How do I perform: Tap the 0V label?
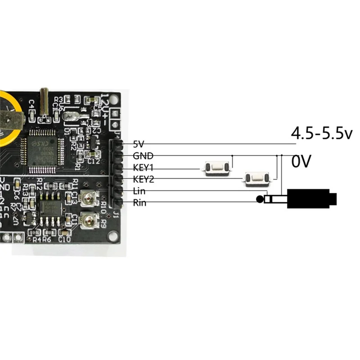[301, 162]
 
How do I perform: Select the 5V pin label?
[139, 144]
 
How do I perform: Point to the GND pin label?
[143, 156]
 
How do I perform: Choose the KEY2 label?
[144, 180]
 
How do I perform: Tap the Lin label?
[139, 191]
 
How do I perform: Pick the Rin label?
[139, 202]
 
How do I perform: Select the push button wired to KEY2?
[256, 179]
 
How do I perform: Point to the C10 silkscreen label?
[64, 239]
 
